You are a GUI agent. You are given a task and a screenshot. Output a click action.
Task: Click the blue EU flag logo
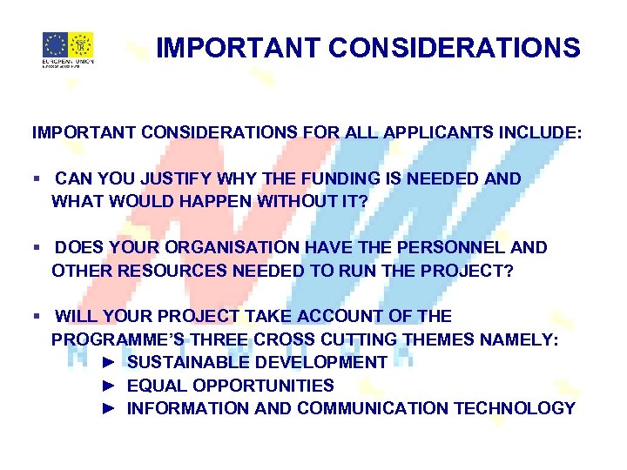56,44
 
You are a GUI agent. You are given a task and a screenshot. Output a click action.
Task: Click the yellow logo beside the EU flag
81,44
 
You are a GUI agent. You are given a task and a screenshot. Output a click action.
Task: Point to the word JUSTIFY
165,179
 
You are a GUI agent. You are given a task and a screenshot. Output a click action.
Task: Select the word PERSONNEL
454,248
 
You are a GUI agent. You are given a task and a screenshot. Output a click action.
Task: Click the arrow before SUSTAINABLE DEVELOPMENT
109,362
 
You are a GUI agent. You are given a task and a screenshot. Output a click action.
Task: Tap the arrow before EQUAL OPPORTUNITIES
109,386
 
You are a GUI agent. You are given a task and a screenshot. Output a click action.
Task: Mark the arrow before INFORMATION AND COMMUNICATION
109,408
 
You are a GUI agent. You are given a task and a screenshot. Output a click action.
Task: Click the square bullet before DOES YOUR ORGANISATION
36,248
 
